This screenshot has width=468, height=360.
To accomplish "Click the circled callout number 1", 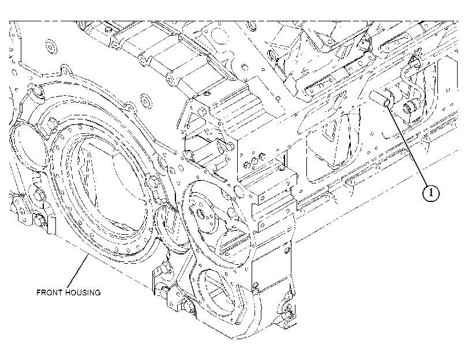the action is click(430, 193).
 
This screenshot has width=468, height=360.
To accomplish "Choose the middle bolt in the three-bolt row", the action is click(254, 160).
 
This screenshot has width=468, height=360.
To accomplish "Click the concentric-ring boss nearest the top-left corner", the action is click(51, 47).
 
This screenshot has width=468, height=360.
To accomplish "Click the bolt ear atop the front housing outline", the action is click(64, 70).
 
